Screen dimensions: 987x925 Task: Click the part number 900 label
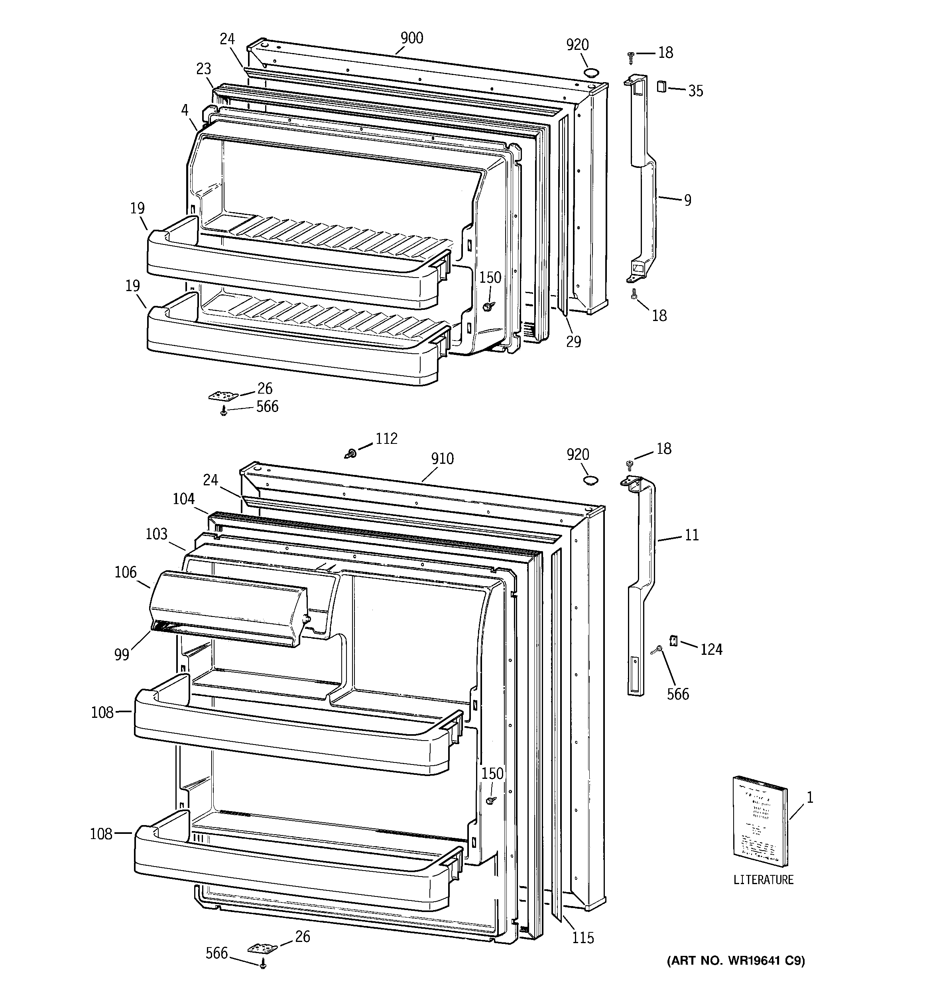point(411,38)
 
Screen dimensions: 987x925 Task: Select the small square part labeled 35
point(661,87)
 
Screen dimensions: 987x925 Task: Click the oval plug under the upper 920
point(591,73)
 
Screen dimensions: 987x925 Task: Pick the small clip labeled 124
point(674,641)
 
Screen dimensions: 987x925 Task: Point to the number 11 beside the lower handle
point(692,535)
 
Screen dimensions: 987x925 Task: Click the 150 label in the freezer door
point(490,278)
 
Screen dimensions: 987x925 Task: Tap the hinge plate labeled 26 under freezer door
point(223,396)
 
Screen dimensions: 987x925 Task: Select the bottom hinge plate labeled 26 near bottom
point(263,948)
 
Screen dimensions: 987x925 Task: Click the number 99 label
point(122,654)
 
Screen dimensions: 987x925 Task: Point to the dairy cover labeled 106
point(228,608)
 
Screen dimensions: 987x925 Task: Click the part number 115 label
point(583,938)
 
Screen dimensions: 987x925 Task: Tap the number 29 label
point(573,342)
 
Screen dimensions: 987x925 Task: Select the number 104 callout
point(184,498)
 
